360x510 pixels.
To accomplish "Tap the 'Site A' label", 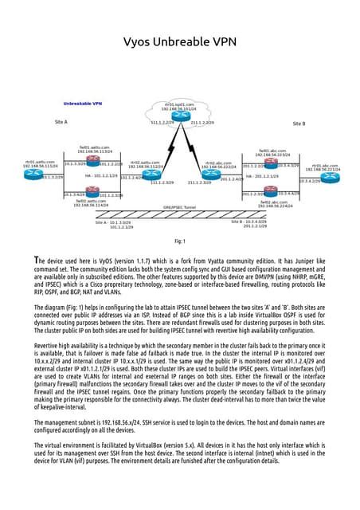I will point(61,122).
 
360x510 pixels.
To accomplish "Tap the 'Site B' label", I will point(299,124).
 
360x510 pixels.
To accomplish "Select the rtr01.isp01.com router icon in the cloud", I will point(179,116).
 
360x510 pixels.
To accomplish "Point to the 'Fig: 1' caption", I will point(179,241).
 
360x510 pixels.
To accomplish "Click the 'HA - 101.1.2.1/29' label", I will point(100,175).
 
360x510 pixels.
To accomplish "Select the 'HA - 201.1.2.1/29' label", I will point(261,176).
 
